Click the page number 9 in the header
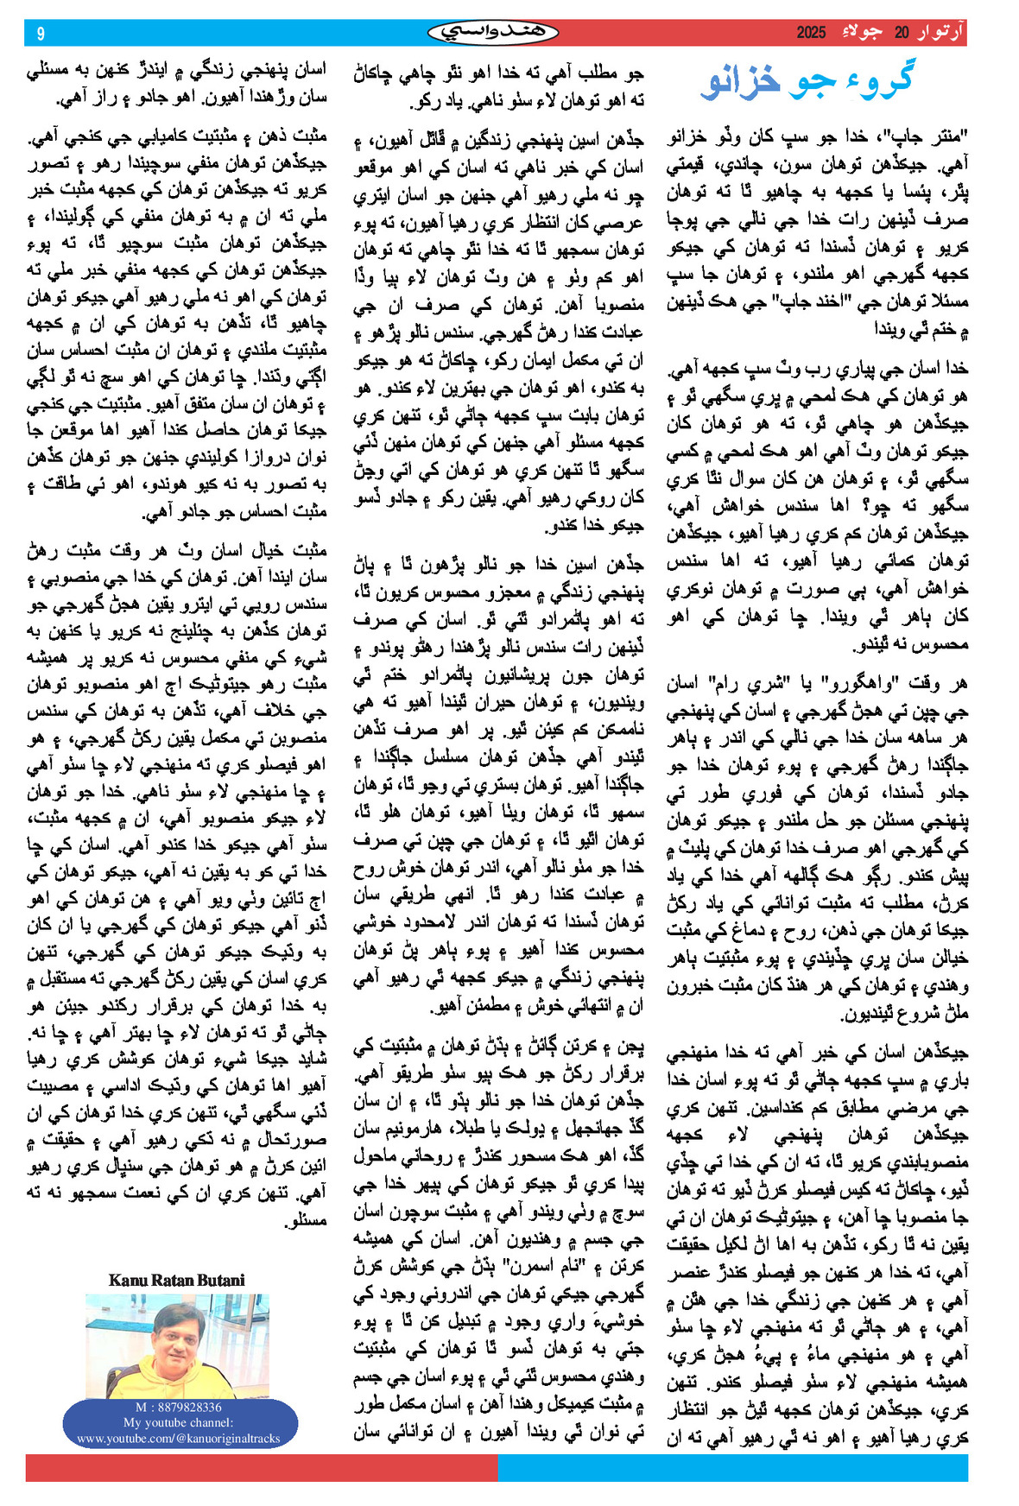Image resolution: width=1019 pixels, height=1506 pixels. pyautogui.click(x=41, y=34)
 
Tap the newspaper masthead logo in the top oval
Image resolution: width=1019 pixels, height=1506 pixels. pyautogui.click(x=493, y=33)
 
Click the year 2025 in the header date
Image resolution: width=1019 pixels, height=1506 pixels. pyautogui.click(x=811, y=34)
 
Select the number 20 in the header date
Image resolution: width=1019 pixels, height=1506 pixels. pyautogui.click(x=902, y=34)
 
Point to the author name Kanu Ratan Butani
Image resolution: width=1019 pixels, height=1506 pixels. pyautogui.click(x=176, y=1280)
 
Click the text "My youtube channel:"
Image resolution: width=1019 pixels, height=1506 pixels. pyautogui.click(x=178, y=1423)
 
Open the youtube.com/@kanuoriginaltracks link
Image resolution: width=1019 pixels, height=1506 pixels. pyautogui.click(x=178, y=1439)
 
